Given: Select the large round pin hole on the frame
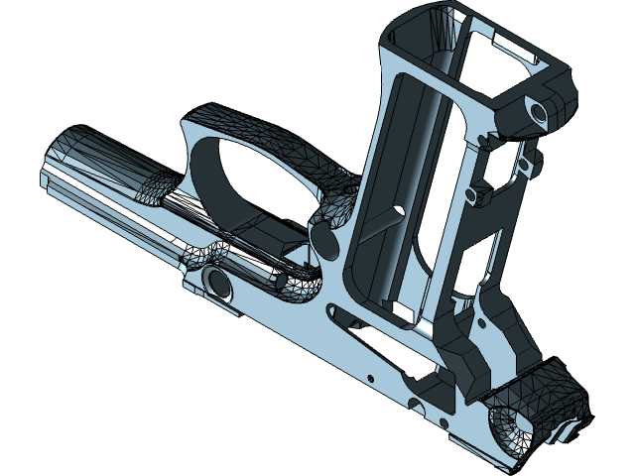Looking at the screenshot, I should coord(218,285).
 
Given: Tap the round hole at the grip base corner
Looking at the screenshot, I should coord(541,112).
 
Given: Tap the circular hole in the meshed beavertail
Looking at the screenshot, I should coord(504,428).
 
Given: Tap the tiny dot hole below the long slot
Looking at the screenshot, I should coord(369,378).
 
